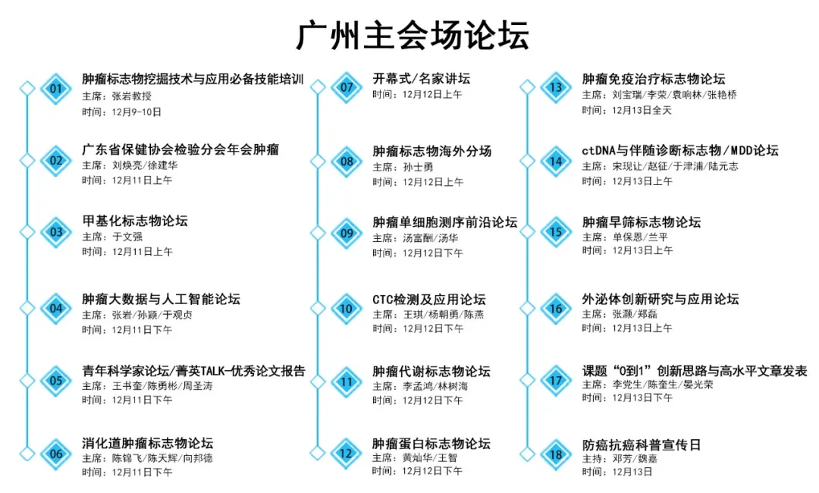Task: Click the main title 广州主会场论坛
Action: (x=413, y=35)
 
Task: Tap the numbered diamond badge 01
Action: (x=56, y=88)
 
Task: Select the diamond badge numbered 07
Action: (x=347, y=87)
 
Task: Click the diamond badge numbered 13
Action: (x=556, y=87)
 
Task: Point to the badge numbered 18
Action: (x=556, y=454)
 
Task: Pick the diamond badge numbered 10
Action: (x=347, y=309)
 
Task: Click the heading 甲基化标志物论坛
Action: (x=135, y=221)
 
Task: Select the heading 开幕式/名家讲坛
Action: (x=421, y=79)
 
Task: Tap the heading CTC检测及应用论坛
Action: (x=428, y=300)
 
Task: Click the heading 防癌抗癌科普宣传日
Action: (x=642, y=445)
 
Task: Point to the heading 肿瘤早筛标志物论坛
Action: (x=642, y=222)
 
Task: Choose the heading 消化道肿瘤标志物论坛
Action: (x=147, y=444)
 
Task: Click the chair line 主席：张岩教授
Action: (x=117, y=96)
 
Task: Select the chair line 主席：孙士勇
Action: (x=403, y=167)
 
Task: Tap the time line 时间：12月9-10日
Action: (x=121, y=111)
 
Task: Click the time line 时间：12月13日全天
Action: (x=627, y=110)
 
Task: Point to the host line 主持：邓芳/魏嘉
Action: (x=620, y=459)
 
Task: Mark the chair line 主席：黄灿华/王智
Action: (x=415, y=457)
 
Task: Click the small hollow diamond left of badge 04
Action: (x=27, y=309)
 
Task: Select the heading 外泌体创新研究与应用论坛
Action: (x=661, y=300)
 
